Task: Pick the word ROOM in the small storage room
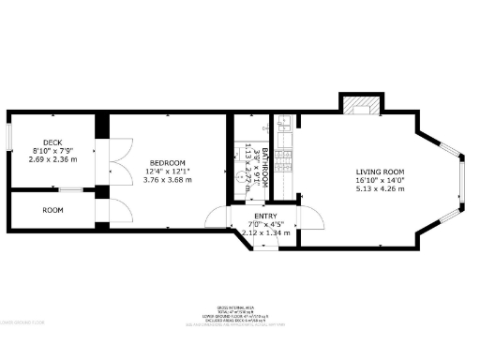pyautogui.click(x=52, y=210)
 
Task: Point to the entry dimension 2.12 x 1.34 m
pyautogui.click(x=264, y=232)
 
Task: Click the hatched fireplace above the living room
pyautogui.click(x=361, y=106)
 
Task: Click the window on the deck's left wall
pyautogui.click(x=10, y=136)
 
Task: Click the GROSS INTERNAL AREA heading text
pyautogui.click(x=239, y=306)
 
